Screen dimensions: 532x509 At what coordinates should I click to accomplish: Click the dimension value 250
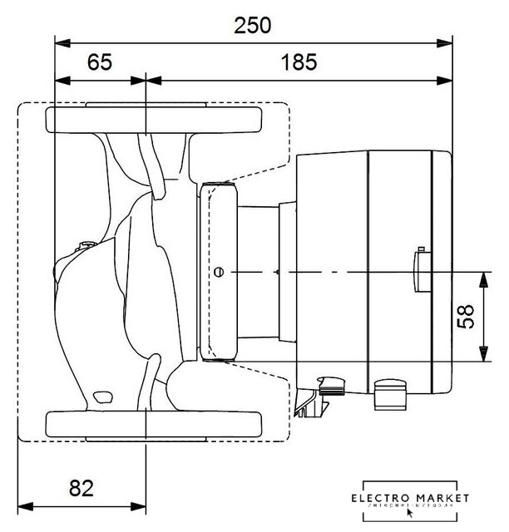coord(252,25)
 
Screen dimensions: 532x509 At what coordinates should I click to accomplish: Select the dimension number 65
coord(99,63)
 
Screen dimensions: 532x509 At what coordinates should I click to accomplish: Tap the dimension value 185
coord(298,63)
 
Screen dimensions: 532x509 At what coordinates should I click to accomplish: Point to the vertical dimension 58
coord(470,316)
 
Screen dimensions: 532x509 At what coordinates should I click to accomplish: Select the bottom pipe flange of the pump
coord(154,423)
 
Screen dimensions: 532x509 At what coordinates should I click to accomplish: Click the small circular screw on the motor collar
coord(219,272)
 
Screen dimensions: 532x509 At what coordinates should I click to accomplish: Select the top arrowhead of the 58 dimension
coord(482,276)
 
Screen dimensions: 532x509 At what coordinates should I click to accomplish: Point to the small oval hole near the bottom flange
coord(103,395)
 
